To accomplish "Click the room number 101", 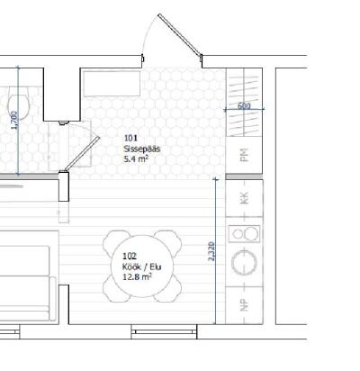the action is click(x=130, y=138).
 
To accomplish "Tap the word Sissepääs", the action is click(x=142, y=149).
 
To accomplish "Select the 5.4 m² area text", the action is click(x=137, y=158).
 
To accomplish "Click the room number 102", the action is click(x=130, y=256).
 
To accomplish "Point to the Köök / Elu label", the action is click(x=141, y=267).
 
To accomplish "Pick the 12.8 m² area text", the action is click(x=137, y=276).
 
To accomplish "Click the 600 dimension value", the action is click(x=244, y=105).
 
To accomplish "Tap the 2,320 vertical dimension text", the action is click(x=211, y=251).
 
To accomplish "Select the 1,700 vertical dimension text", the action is click(x=14, y=121).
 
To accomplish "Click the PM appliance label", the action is click(x=245, y=155).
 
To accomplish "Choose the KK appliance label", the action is click(x=245, y=198).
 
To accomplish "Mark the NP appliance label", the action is click(x=245, y=305).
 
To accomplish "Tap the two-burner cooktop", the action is click(x=244, y=234).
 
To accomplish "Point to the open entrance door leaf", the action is click(x=180, y=34).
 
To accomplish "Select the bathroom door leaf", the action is click(x=83, y=154).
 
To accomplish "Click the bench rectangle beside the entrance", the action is click(x=112, y=84).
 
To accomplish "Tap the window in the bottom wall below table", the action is click(x=164, y=331).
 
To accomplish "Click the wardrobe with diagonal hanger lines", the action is click(x=244, y=103).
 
